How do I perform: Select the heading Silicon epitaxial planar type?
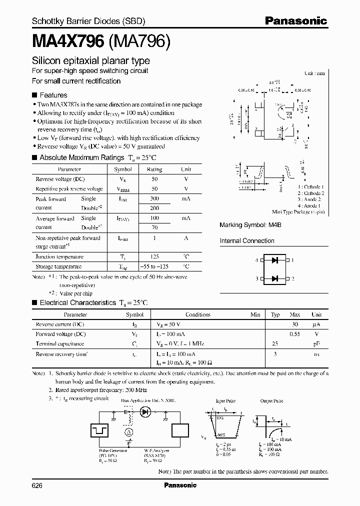click(90, 61)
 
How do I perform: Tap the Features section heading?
click(53, 95)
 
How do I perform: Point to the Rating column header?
click(154, 169)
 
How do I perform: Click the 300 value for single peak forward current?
click(154, 198)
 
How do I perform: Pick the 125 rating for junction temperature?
click(154, 256)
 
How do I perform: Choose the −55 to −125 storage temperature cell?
click(154, 266)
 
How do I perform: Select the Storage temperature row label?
click(58, 266)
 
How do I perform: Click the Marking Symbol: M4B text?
click(250, 225)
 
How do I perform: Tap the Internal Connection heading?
click(247, 240)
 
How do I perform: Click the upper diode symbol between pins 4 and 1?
click(274, 260)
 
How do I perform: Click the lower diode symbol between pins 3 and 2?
click(274, 278)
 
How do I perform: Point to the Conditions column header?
click(198, 314)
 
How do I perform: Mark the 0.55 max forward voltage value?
click(295, 333)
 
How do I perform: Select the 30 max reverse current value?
click(295, 324)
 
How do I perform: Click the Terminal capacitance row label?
click(59, 343)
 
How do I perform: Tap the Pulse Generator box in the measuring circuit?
click(98, 430)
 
